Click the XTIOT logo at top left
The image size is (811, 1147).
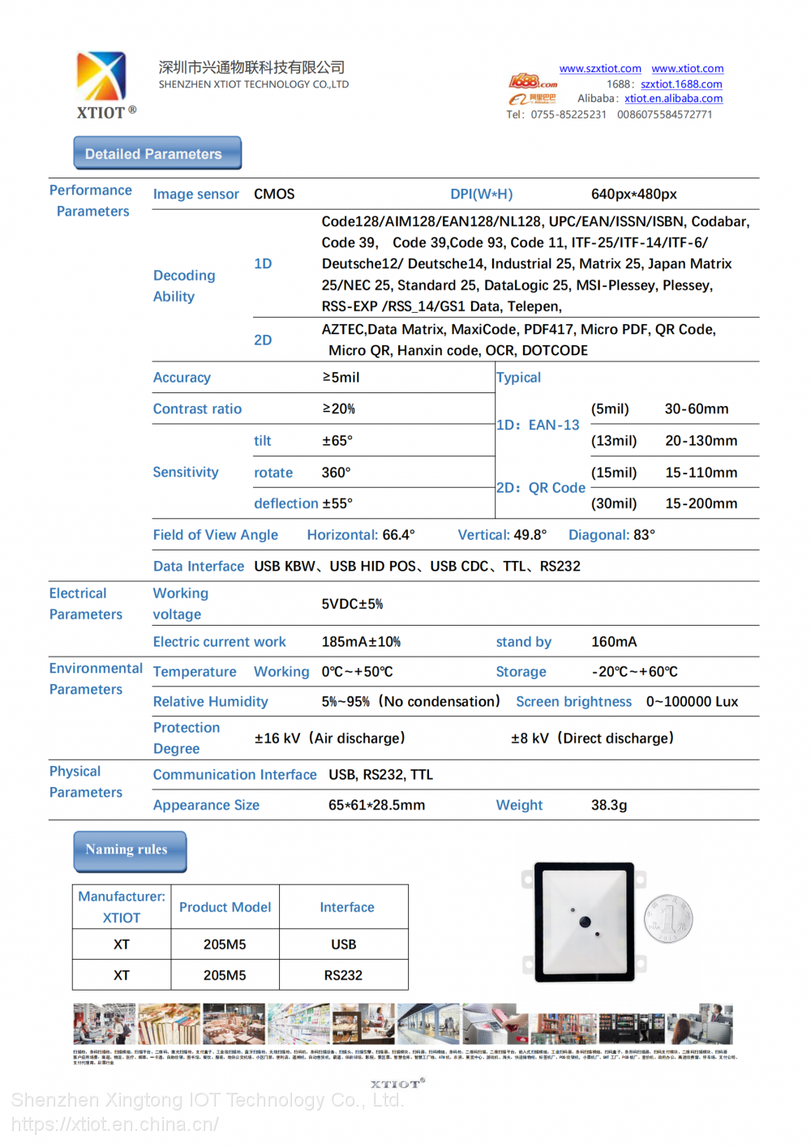(102, 83)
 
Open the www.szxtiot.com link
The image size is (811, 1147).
(599, 69)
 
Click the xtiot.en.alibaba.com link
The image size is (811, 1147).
(673, 99)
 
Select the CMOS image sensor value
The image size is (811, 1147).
(274, 195)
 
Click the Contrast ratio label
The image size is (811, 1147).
(197, 409)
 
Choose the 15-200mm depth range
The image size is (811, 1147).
(701, 503)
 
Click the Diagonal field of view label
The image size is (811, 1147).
(599, 535)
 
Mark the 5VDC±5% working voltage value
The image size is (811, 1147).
(352, 604)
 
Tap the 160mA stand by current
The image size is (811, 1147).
(613, 642)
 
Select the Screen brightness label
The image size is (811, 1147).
(573, 702)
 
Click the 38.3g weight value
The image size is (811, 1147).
(608, 806)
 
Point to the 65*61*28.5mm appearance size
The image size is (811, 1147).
(376, 806)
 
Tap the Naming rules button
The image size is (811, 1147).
(130, 850)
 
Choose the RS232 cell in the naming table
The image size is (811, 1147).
(343, 975)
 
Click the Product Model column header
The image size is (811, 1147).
(225, 908)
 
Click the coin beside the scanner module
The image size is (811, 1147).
(668, 919)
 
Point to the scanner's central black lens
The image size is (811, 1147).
(585, 922)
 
